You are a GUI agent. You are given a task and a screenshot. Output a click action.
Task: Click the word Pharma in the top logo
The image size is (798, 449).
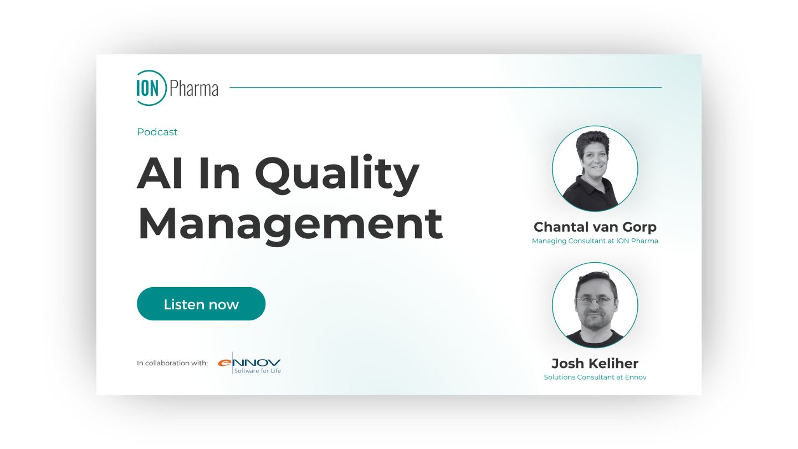pyautogui.click(x=193, y=88)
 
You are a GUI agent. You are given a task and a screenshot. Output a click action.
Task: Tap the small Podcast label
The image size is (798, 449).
pyautogui.click(x=157, y=132)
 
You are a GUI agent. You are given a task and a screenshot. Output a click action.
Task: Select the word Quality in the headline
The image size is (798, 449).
pyautogui.click(x=336, y=175)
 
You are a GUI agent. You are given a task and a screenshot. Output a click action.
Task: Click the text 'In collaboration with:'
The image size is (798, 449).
pyautogui.click(x=172, y=363)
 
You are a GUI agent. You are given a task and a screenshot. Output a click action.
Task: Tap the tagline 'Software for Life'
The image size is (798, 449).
pyautogui.click(x=257, y=370)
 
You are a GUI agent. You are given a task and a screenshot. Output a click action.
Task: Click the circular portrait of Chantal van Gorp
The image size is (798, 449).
pyautogui.click(x=595, y=168)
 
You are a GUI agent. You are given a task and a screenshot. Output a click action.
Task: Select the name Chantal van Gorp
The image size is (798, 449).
pyautogui.click(x=595, y=227)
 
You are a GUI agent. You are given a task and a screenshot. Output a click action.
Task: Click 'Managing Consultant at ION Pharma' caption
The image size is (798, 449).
pyautogui.click(x=595, y=241)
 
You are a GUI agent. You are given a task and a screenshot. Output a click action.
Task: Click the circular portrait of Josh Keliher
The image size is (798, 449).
pyautogui.click(x=595, y=305)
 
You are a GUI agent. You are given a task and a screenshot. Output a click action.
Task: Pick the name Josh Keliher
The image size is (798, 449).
pyautogui.click(x=595, y=364)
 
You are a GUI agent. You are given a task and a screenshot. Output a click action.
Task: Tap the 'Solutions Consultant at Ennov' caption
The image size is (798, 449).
pyautogui.click(x=595, y=377)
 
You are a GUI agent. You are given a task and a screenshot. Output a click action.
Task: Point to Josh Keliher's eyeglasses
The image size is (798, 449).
pyautogui.click(x=595, y=300)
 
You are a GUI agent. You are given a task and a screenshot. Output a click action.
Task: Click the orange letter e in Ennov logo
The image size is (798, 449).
pyautogui.click(x=224, y=363)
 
